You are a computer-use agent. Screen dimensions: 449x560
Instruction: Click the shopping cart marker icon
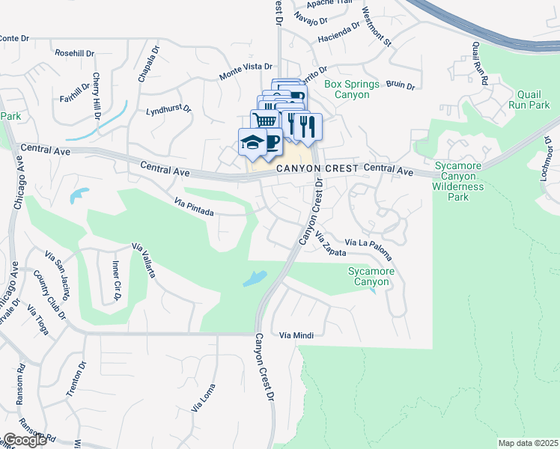pyautogui.click(x=263, y=121)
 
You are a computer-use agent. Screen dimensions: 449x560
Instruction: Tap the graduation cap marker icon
pyautogui.click(x=252, y=141)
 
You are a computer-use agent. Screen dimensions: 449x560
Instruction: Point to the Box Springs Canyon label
pyautogui.click(x=352, y=90)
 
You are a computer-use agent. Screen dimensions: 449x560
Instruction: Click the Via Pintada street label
pyautogui.click(x=194, y=207)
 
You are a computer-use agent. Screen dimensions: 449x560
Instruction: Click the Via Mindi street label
pyautogui.click(x=294, y=336)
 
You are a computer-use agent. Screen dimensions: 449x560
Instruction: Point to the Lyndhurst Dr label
pyautogui.click(x=169, y=109)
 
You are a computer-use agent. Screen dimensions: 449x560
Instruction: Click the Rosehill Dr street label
pyautogui.click(x=75, y=53)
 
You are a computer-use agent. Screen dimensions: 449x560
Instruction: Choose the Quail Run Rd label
pyautogui.click(x=480, y=63)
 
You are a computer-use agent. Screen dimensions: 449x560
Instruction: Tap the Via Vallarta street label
pyautogui.click(x=143, y=260)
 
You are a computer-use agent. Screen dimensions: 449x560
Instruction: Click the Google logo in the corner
pyautogui.click(x=25, y=440)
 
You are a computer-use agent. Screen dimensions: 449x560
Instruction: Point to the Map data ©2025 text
pyautogui.click(x=528, y=443)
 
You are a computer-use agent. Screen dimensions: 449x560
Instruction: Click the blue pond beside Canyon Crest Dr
pyautogui.click(x=254, y=278)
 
